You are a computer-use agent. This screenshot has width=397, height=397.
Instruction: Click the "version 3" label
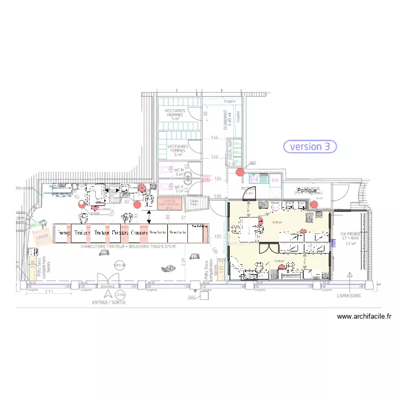coord(310,146)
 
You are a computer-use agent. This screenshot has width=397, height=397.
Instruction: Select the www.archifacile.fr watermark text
coord(365,317)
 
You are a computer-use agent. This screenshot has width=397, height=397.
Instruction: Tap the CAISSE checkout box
coord(41,237)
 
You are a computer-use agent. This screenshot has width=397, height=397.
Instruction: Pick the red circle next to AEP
coord(240,172)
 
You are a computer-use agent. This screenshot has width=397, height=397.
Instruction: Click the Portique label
coord(306,190)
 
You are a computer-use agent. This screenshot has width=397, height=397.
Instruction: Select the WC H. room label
coord(179,170)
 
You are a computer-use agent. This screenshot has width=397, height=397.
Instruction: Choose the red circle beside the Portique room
coord(314,204)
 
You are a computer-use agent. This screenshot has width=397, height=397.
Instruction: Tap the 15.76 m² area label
coord(276,223)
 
